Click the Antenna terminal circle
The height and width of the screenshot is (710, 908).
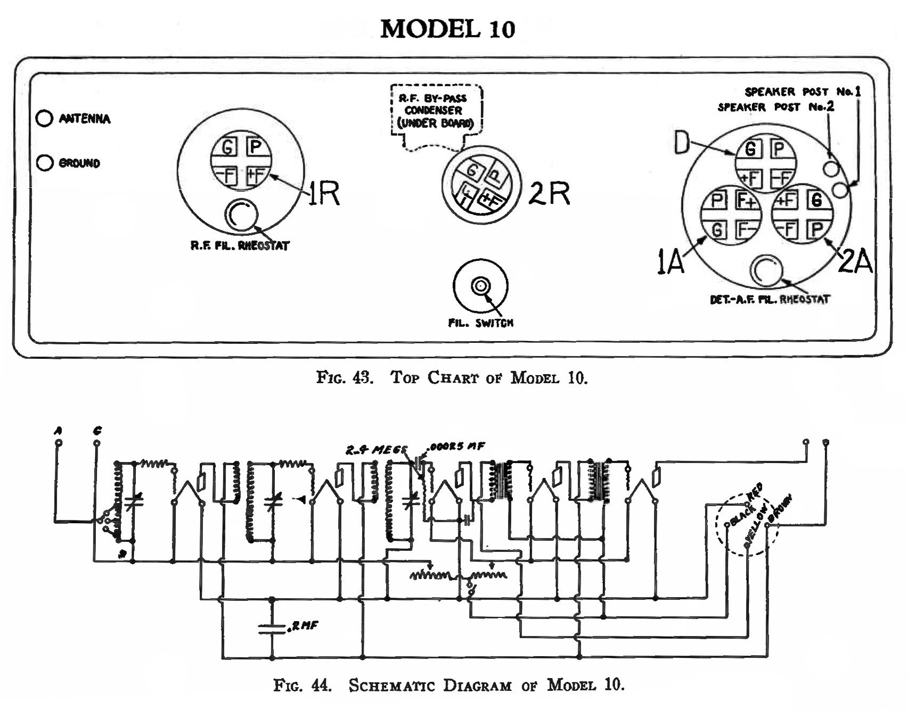click(44, 118)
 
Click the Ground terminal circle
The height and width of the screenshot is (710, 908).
click(44, 163)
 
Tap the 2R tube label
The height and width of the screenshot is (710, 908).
click(549, 193)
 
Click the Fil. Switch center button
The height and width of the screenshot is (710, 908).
click(480, 286)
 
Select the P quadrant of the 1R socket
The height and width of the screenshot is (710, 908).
click(255, 147)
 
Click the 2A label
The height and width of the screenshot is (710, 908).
click(855, 262)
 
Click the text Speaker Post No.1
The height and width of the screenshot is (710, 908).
click(802, 92)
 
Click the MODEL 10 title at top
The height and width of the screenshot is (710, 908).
click(447, 29)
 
